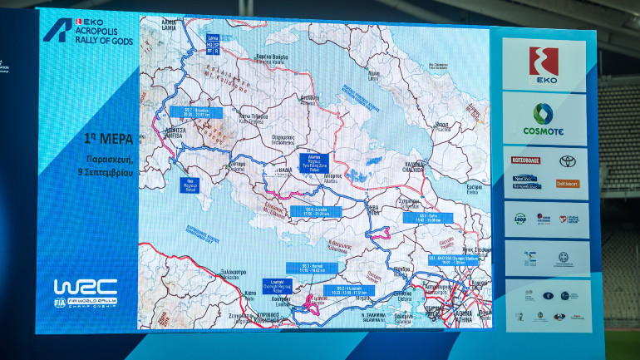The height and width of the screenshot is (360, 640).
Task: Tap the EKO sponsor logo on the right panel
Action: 544,64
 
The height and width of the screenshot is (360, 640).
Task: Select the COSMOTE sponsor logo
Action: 544,118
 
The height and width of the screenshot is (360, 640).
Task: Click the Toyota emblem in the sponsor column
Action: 567,160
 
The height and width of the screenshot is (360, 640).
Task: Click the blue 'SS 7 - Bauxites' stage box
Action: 195,111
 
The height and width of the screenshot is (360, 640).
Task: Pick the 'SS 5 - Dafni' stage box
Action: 429,217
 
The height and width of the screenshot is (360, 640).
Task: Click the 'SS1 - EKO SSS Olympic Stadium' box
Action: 456,259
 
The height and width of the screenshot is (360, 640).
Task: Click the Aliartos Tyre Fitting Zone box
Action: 313,163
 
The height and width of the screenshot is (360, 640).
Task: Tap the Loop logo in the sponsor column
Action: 519,218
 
